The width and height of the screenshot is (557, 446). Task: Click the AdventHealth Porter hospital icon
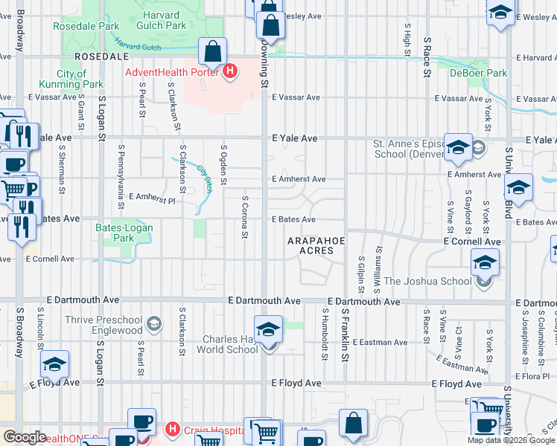point(230,71)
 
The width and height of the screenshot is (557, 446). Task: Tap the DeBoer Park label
point(478,73)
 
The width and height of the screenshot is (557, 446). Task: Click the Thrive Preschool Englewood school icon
point(153,323)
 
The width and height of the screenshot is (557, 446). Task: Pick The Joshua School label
point(427,281)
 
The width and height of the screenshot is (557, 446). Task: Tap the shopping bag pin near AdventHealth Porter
point(212,52)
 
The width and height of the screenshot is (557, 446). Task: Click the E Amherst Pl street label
point(151,198)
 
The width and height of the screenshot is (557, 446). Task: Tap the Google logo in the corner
point(24,437)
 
